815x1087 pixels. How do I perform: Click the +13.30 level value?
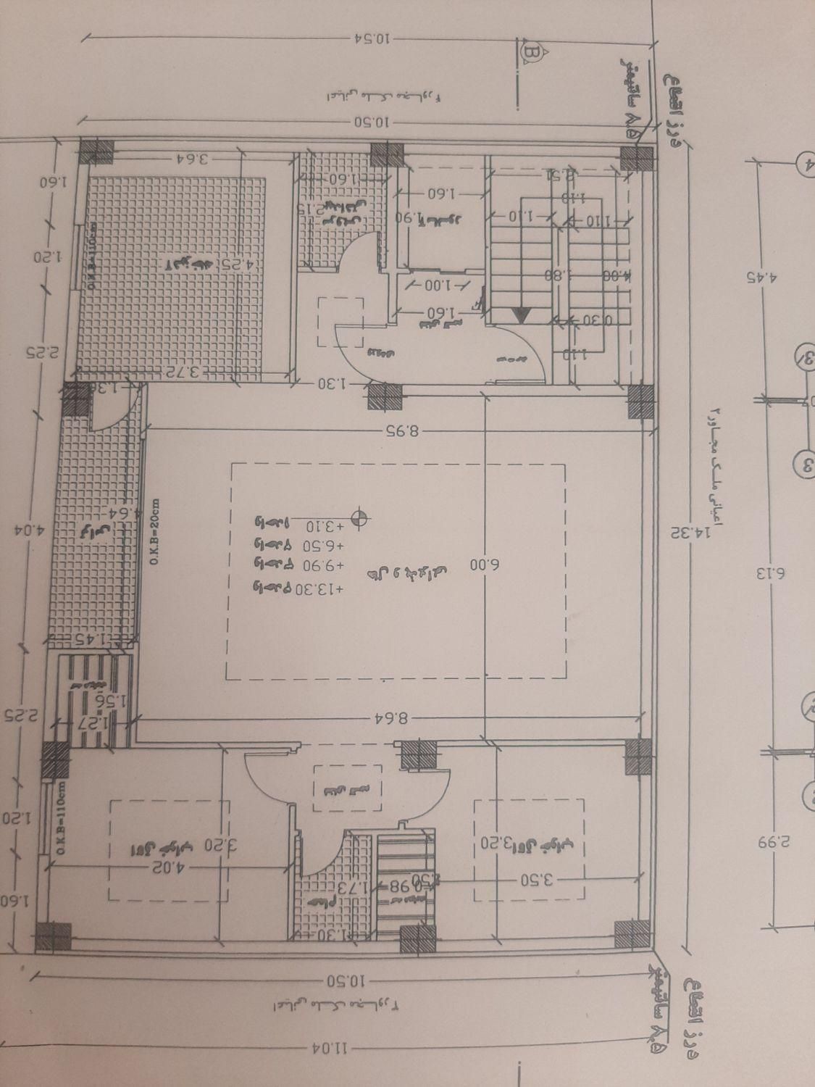pos(316,588)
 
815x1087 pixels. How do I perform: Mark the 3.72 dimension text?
pos(194,372)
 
